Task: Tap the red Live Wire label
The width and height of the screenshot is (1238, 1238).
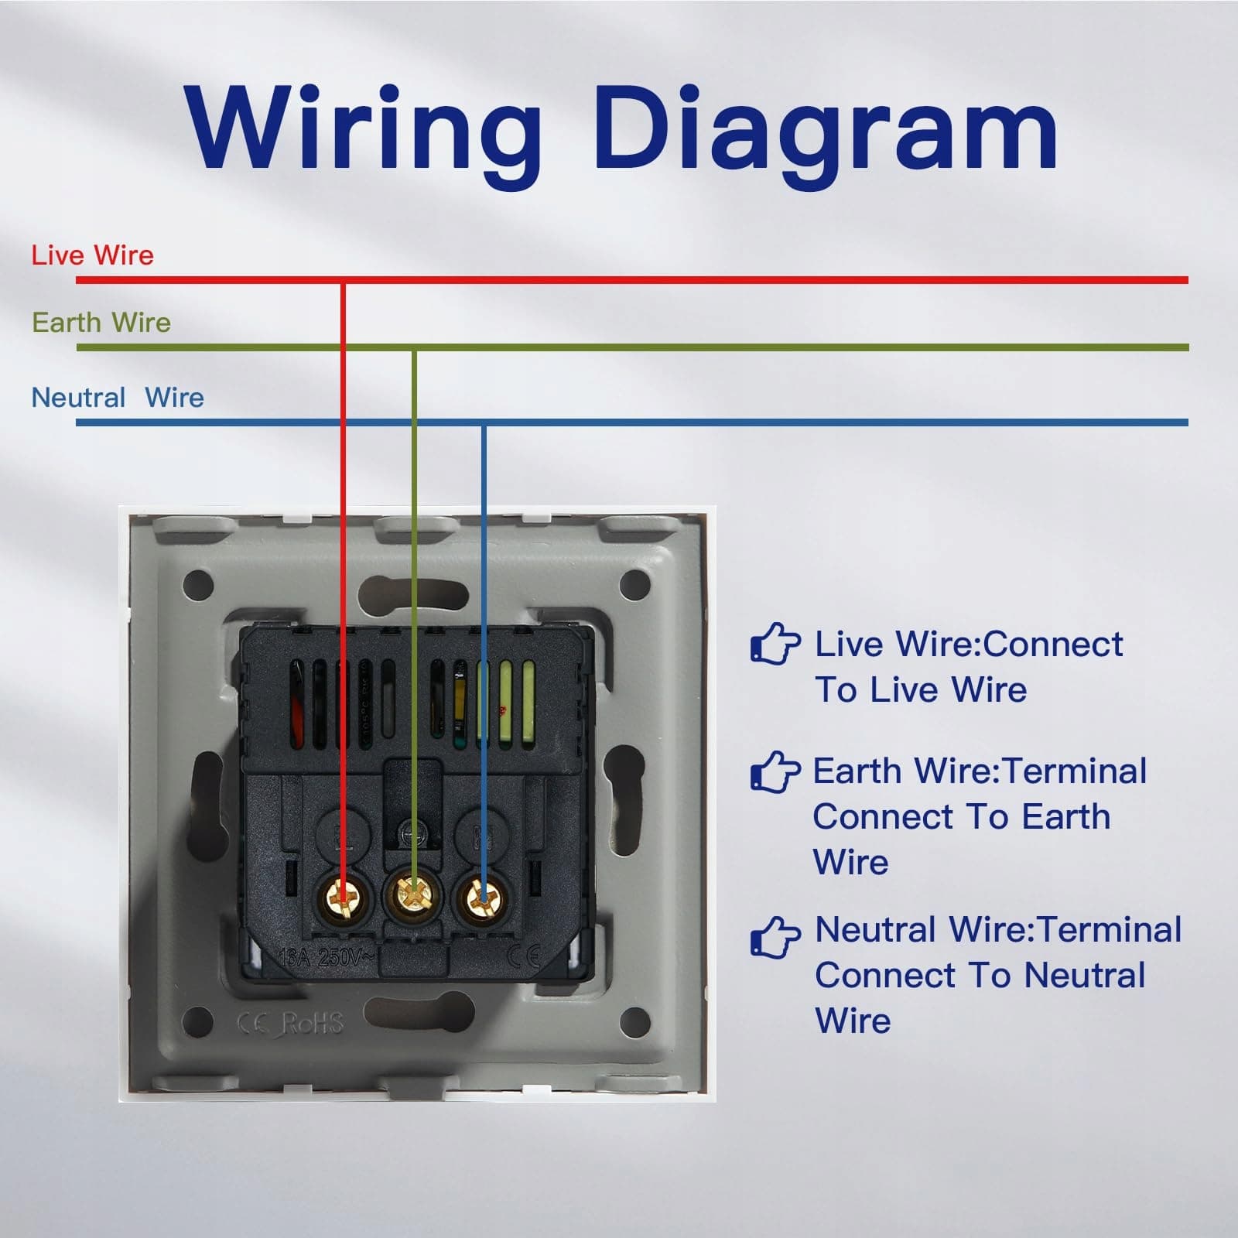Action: [x=92, y=255]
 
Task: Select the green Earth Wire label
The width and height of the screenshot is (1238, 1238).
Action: [x=101, y=323]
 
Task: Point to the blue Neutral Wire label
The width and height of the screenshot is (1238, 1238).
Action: [x=118, y=398]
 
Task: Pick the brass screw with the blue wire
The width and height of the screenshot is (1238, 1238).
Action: [x=483, y=899]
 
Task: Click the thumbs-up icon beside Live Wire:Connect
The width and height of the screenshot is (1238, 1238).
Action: [x=775, y=645]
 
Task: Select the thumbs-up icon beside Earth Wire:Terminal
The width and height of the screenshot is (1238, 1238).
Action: [x=775, y=771]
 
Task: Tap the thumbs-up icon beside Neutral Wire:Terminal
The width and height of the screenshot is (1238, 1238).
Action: [x=775, y=937]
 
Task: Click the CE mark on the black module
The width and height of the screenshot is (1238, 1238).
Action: [x=523, y=957]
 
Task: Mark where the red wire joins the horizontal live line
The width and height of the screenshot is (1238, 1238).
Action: [x=343, y=280]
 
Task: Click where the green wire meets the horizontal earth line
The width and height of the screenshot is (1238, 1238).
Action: [x=414, y=348]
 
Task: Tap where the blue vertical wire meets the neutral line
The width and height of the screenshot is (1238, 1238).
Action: [x=483, y=422]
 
